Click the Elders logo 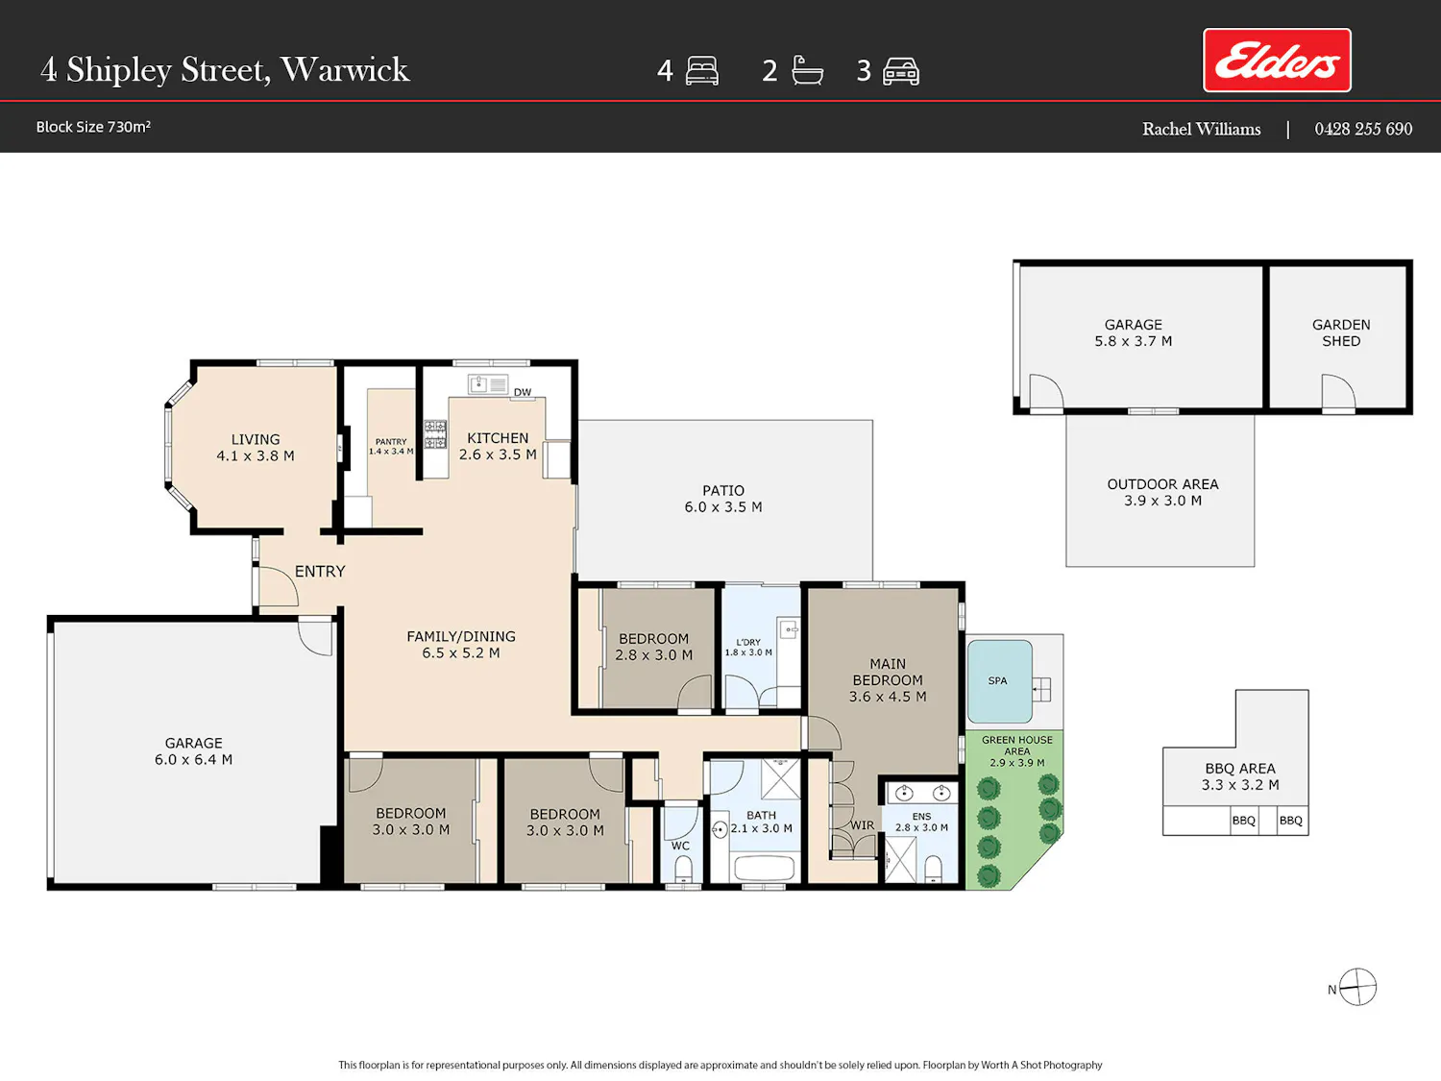[1276, 60]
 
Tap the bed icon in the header [702, 70]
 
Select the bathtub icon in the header [807, 70]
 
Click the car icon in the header [901, 71]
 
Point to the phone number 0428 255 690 [1363, 129]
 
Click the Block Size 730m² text [93, 127]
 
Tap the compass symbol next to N [1357, 987]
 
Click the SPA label [997, 680]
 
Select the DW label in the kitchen [523, 392]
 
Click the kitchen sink [488, 384]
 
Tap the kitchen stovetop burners [435, 434]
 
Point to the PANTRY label [391, 442]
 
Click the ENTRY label [320, 571]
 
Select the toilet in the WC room [683, 870]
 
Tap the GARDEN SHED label [1340, 332]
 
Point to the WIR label [862, 825]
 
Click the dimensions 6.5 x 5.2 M [461, 653]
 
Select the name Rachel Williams [1201, 129]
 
